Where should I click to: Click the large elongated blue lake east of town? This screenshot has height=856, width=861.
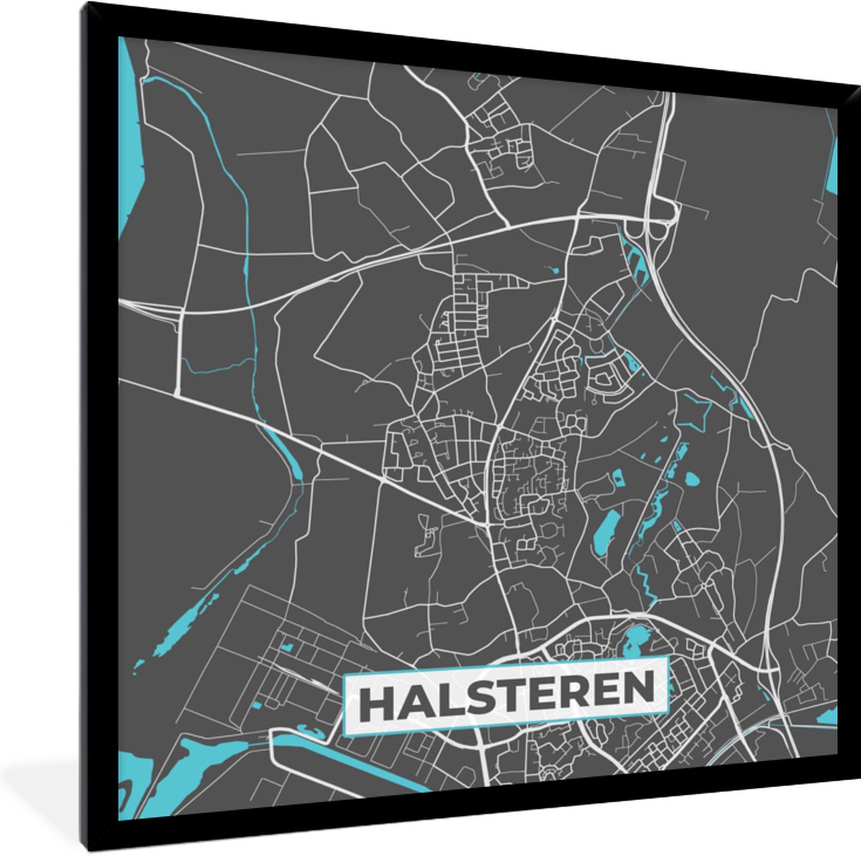point(604,532)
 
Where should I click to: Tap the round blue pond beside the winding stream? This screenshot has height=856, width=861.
point(692,477)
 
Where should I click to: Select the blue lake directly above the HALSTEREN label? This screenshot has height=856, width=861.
point(636,638)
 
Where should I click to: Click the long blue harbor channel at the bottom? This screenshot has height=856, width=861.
point(344,760)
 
